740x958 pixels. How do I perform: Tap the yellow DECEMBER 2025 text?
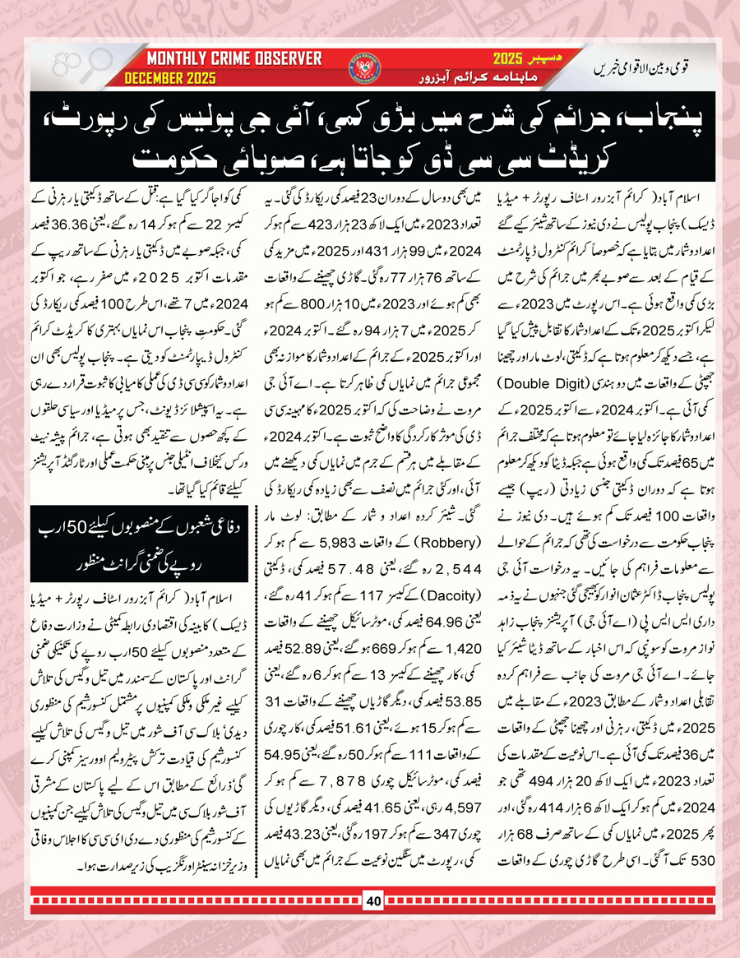170,78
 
